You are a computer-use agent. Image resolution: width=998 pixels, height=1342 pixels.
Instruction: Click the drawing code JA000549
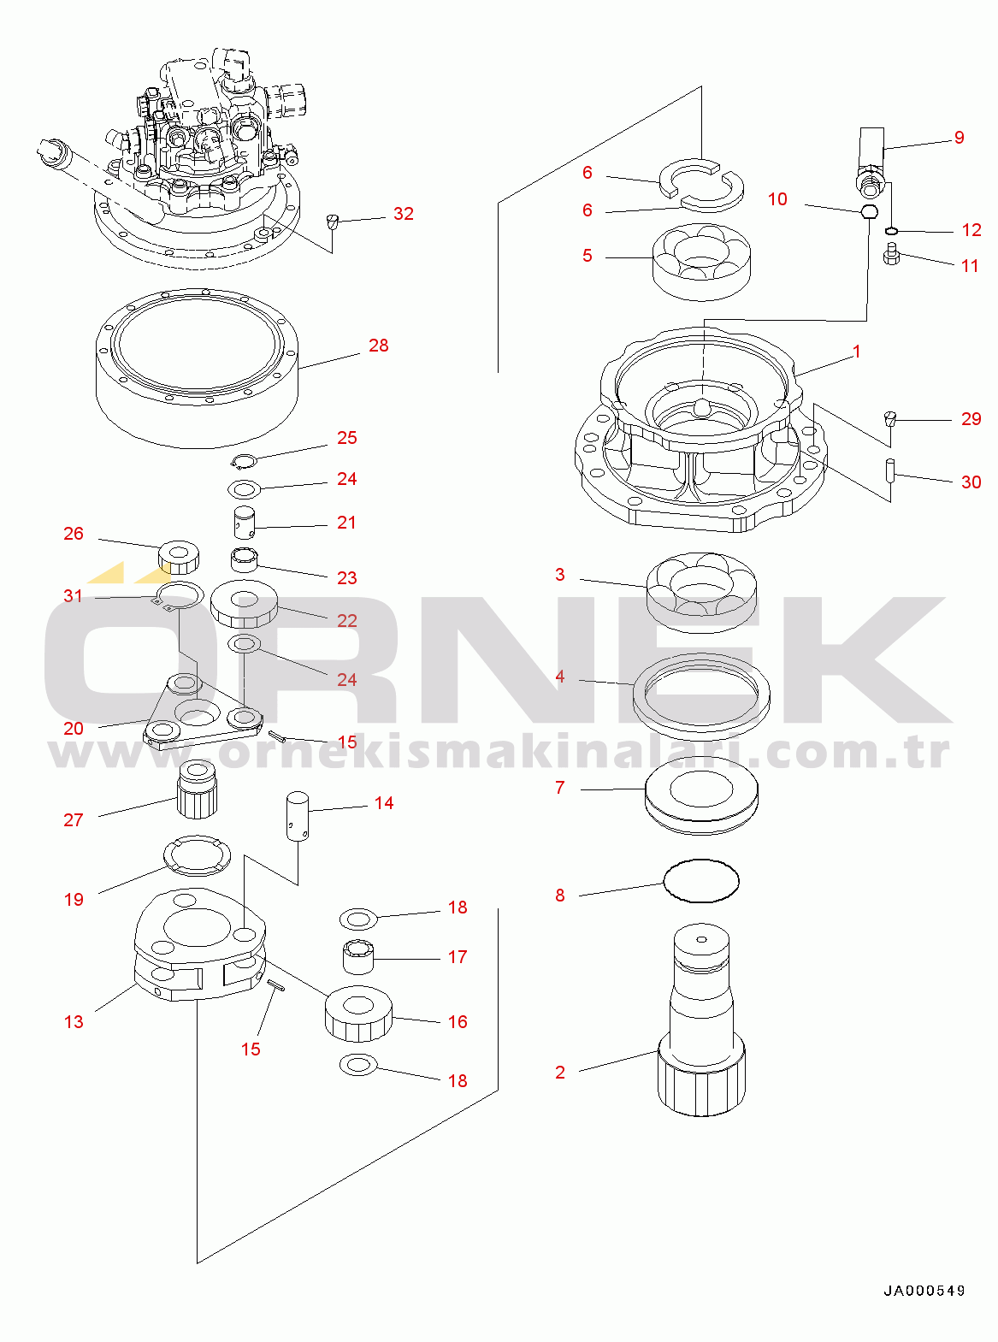click(x=924, y=1291)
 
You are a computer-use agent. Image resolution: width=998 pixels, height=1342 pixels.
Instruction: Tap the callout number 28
click(x=378, y=346)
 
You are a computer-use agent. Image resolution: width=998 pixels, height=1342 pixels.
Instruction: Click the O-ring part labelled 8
click(x=701, y=881)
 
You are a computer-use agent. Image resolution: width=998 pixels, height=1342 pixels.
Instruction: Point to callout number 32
click(x=403, y=214)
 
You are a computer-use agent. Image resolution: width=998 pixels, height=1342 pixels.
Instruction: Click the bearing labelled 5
click(x=701, y=261)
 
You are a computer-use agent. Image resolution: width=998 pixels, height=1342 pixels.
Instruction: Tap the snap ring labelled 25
click(x=245, y=462)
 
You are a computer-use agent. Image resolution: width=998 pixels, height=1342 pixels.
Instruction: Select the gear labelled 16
click(x=358, y=1014)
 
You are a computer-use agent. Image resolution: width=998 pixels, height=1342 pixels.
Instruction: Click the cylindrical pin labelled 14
click(x=297, y=816)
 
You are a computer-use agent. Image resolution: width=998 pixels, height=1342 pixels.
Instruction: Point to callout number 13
click(x=74, y=1022)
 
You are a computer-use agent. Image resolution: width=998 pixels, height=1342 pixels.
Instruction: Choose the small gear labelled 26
click(x=179, y=556)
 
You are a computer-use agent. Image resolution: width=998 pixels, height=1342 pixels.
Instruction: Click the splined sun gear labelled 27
click(x=198, y=789)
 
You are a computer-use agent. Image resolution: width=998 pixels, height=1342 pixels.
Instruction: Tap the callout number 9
click(x=959, y=138)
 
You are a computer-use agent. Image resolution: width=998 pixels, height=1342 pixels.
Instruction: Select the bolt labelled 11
click(x=891, y=254)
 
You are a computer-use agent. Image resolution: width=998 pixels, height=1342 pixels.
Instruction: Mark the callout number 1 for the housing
click(x=856, y=352)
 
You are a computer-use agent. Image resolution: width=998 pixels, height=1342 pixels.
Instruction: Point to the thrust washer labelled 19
click(x=198, y=856)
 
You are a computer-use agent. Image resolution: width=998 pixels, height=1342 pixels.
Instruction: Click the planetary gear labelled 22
click(x=244, y=603)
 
